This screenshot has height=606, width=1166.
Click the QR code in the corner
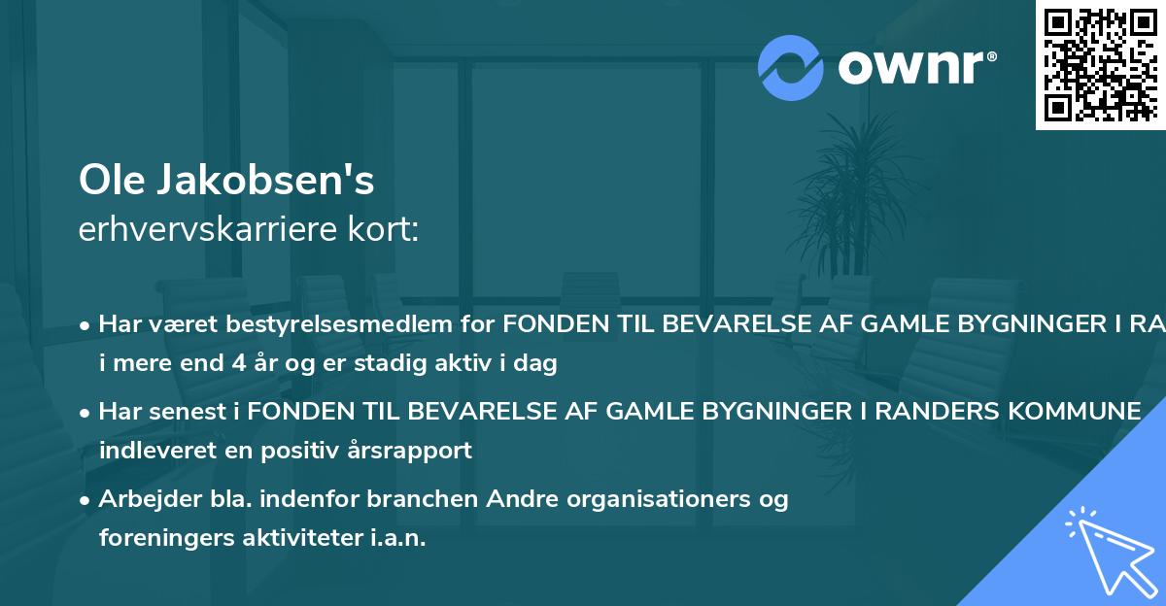(x=1100, y=64)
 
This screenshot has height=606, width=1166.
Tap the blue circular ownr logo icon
(x=791, y=67)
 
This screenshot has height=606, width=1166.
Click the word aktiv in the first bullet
(x=469, y=364)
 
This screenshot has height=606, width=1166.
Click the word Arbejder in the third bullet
(x=144, y=499)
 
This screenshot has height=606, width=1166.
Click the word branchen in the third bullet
(x=418, y=499)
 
